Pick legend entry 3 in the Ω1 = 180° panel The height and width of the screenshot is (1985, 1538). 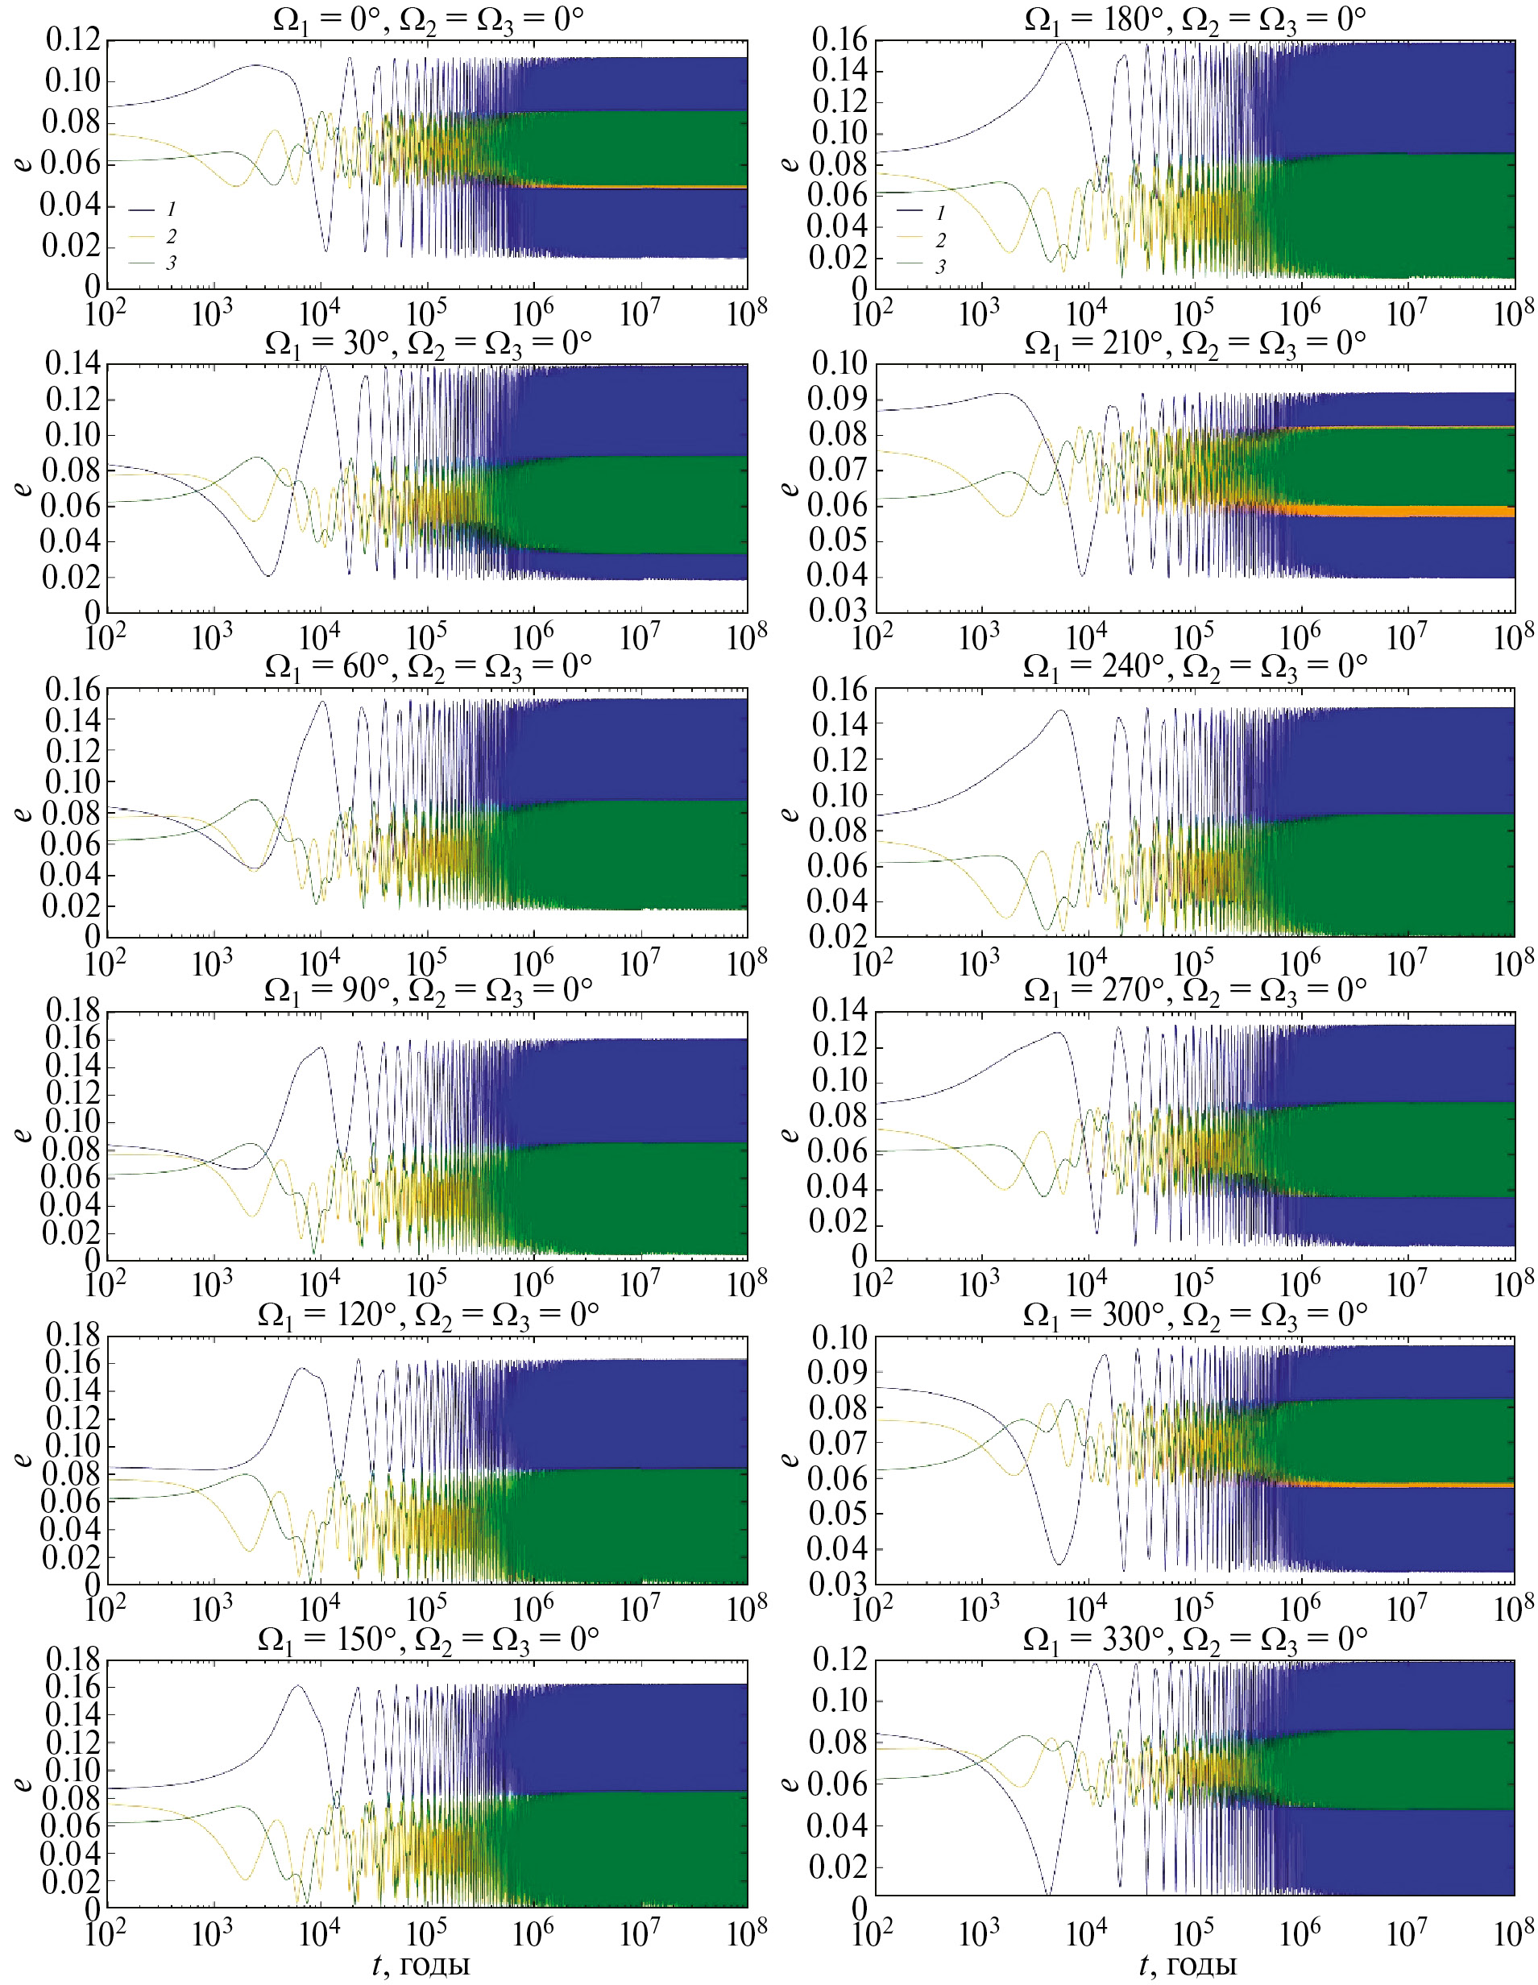point(940,267)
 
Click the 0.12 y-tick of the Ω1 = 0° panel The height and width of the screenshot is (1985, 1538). point(73,41)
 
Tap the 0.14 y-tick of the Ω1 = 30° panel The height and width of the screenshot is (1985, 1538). point(73,364)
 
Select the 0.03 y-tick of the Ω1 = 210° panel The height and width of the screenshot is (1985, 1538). point(838,611)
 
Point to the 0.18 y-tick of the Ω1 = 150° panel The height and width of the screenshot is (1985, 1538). point(73,1660)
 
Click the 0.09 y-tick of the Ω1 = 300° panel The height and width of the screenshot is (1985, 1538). point(838,1371)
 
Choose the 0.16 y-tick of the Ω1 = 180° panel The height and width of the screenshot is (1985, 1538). point(838,41)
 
